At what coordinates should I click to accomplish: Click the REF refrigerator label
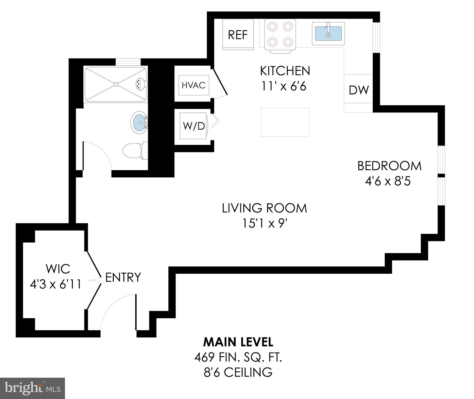(238, 35)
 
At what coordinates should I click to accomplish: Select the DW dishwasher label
(359, 90)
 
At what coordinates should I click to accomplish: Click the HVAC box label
(194, 85)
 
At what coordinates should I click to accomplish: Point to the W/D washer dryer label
(194, 126)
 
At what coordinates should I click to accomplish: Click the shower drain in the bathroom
(116, 84)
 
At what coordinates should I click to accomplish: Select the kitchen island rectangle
(285, 122)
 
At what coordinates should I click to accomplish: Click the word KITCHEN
(285, 71)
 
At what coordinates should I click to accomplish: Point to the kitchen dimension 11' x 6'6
(284, 86)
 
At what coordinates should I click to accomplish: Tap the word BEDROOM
(389, 166)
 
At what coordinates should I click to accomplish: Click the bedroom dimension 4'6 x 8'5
(388, 181)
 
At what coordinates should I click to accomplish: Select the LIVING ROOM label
(264, 208)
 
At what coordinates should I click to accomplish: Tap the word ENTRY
(123, 277)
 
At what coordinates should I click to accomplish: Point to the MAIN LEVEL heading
(238, 342)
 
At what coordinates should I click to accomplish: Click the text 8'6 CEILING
(238, 372)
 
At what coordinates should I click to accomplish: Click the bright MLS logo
(32, 388)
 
